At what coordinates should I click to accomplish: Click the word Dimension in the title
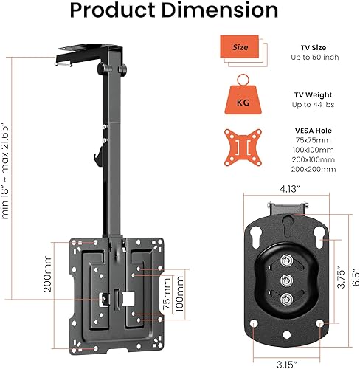point(220,10)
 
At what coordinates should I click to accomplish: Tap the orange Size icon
point(243,50)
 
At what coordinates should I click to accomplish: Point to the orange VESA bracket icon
point(243,148)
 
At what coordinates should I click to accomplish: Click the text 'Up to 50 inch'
point(315,58)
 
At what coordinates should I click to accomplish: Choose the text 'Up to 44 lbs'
point(314,105)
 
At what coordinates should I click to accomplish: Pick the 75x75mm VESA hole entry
point(314,140)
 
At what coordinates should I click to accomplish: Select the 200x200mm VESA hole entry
point(314,169)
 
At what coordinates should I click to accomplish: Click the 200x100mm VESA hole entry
point(314,159)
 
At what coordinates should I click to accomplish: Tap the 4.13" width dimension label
point(290,189)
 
